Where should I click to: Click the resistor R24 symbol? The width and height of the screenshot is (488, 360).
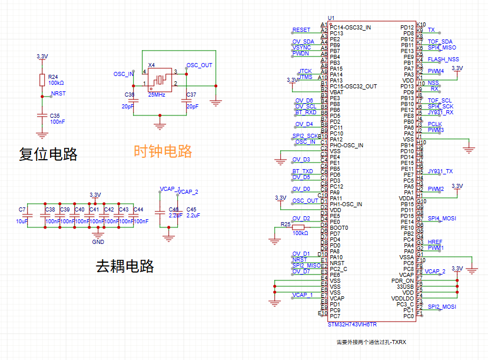(42, 80)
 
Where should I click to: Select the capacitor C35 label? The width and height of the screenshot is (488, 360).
(55, 115)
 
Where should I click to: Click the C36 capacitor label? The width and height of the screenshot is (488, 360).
(130, 95)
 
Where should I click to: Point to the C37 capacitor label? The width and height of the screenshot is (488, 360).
(191, 95)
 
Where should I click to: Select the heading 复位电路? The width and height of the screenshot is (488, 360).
(48, 154)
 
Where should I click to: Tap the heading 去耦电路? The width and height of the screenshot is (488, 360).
(124, 266)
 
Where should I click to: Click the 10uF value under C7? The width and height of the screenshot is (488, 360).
(22, 222)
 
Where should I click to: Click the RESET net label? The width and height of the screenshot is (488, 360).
(301, 30)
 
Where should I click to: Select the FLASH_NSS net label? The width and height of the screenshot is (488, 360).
(443, 60)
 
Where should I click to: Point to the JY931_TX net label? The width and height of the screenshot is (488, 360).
(440, 171)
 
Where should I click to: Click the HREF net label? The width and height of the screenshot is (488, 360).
(434, 242)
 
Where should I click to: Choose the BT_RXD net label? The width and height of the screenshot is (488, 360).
(306, 112)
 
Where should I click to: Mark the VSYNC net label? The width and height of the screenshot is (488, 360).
(301, 47)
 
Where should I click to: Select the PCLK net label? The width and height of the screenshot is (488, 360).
(434, 124)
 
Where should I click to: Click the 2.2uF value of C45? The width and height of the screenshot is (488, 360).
(194, 216)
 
